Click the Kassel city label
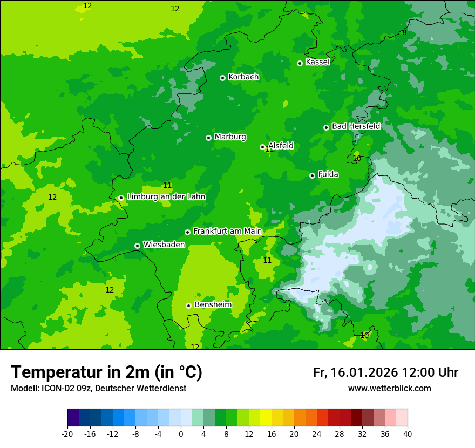(317, 62)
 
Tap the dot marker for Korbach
(222, 78)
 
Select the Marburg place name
(230, 137)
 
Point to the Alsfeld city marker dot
(262, 147)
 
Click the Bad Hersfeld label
(356, 126)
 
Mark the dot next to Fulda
(312, 175)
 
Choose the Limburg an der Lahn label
(166, 197)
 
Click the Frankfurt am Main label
(227, 232)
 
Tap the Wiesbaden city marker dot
(137, 246)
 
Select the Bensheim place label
(213, 305)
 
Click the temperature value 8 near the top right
(404, 33)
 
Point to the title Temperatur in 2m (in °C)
(107, 372)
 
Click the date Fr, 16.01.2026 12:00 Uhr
(385, 372)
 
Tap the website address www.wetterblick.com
(389, 389)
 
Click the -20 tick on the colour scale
(67, 433)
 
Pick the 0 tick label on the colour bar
(181, 433)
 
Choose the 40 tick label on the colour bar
(408, 433)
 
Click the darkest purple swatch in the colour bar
(73, 418)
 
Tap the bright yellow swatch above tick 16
(266, 418)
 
